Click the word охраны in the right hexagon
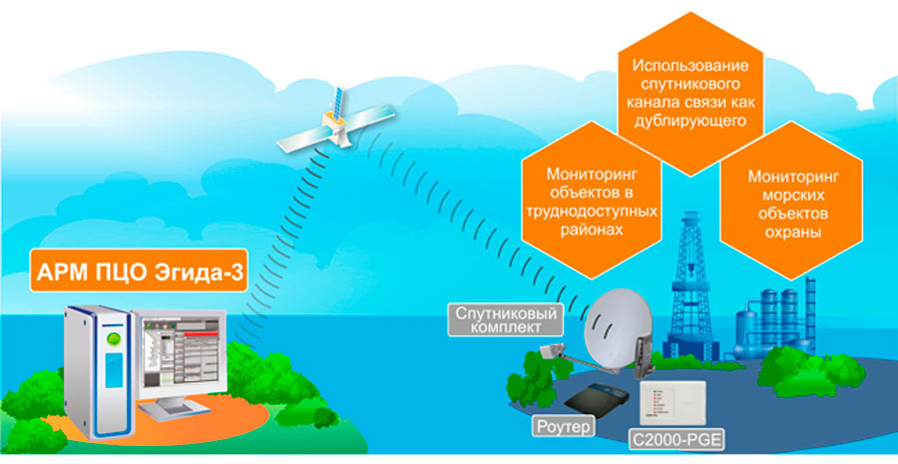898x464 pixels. (x=788, y=232)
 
